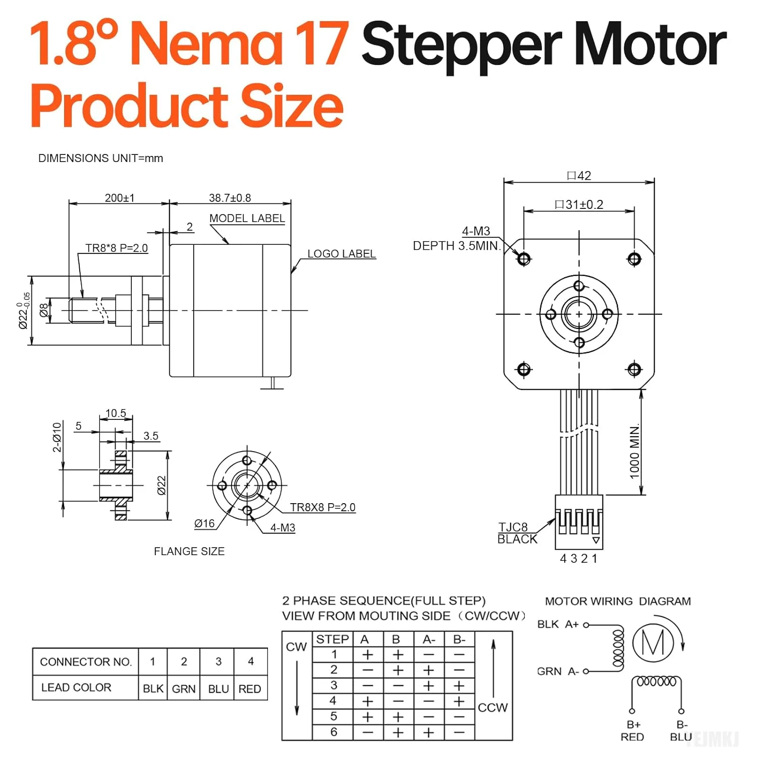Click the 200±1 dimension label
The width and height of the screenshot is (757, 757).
[120, 198]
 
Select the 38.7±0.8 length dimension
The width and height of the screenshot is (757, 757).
[230, 198]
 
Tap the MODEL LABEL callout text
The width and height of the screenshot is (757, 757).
[247, 219]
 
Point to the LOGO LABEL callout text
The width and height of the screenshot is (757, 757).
[342, 254]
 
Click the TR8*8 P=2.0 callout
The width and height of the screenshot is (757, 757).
[117, 248]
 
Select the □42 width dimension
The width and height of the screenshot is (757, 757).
[579, 176]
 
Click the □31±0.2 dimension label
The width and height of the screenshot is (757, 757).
[579, 204]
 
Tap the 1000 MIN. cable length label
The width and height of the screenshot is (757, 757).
[634, 451]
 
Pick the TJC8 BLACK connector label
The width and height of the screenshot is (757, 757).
[517, 533]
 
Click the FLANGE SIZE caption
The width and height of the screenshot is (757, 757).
[189, 551]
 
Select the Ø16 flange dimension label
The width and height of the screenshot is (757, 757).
[204, 524]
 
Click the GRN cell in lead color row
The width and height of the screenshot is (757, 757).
[184, 688]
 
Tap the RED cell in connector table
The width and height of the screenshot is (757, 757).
[250, 688]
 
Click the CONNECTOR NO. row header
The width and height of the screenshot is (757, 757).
[85, 662]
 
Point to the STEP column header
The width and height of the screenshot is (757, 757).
[332, 639]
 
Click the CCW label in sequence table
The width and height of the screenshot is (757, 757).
[493, 708]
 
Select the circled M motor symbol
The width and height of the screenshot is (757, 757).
[653, 642]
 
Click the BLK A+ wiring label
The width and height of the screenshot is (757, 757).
[558, 624]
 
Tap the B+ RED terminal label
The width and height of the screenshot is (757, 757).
[632, 731]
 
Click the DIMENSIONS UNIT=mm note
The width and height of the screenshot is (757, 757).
[100, 158]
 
